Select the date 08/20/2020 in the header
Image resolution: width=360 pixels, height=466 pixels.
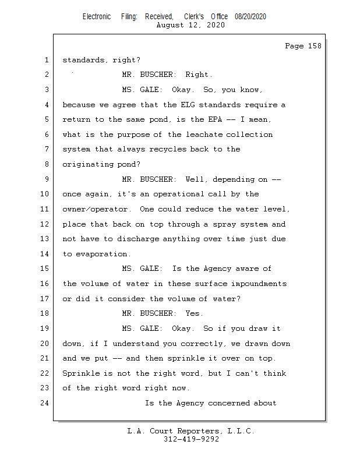[250, 17]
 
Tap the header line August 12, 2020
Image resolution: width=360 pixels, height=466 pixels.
[191, 26]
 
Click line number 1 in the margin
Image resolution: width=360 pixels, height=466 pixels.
[46, 60]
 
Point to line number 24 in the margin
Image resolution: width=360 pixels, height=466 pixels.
[44, 403]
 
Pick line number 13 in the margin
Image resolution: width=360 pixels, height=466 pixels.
[44, 239]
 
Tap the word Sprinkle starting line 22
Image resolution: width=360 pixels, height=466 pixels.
[81, 373]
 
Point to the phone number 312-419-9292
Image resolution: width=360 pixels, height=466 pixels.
[191, 439]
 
